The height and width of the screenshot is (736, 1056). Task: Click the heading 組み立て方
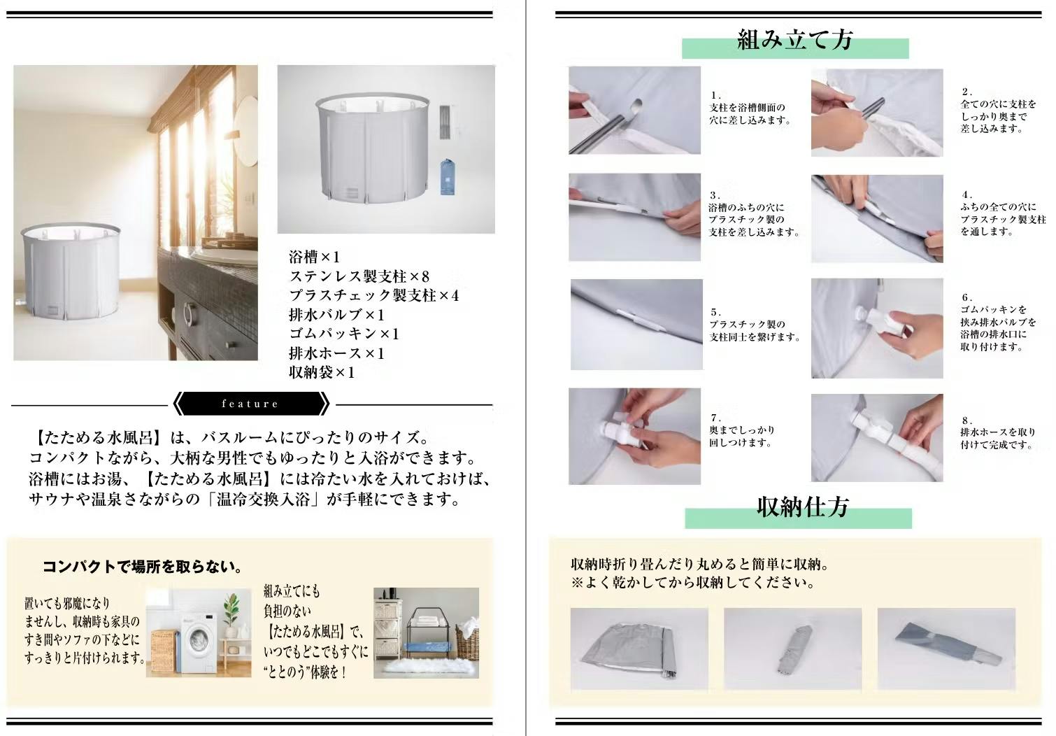pyautogui.click(x=795, y=40)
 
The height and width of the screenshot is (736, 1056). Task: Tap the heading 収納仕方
pyautogui.click(x=803, y=507)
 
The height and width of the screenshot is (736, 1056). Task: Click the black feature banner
pyautogui.click(x=251, y=404)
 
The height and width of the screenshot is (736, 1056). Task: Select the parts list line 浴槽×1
pyautogui.click(x=315, y=257)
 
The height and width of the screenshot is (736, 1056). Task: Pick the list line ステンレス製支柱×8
pyautogui.click(x=359, y=276)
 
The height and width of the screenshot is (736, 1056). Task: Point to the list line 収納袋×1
pyautogui.click(x=322, y=372)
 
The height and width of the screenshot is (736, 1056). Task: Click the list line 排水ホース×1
pyautogui.click(x=337, y=353)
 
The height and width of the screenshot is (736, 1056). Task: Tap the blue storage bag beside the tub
pyautogui.click(x=448, y=177)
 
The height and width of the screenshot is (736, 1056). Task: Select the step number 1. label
pyautogui.click(x=715, y=95)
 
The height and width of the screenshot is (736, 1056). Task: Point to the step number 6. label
pyautogui.click(x=967, y=297)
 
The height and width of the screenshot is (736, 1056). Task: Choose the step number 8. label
pyautogui.click(x=967, y=420)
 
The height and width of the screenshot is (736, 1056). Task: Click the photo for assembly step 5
pyautogui.click(x=636, y=325)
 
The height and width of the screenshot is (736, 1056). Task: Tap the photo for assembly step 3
pyautogui.click(x=634, y=217)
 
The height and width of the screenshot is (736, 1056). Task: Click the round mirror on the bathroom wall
pyautogui.click(x=246, y=125)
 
